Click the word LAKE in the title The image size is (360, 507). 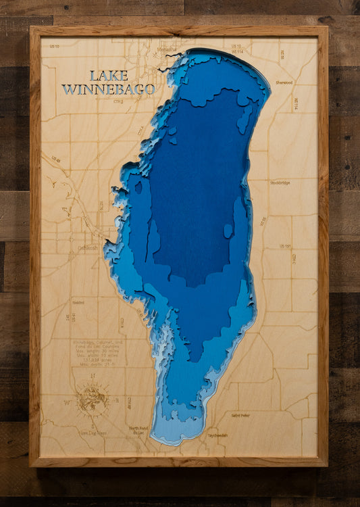[x=108, y=75]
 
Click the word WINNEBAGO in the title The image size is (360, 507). [x=108, y=89]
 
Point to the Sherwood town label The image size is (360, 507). [x=284, y=82]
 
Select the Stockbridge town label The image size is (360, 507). [x=284, y=183]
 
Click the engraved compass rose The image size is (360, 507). [x=92, y=398]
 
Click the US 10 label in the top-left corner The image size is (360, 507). [x=54, y=46]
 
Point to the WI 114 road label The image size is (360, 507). [x=237, y=51]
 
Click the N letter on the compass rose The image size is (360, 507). [x=92, y=377]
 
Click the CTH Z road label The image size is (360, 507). [x=118, y=102]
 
